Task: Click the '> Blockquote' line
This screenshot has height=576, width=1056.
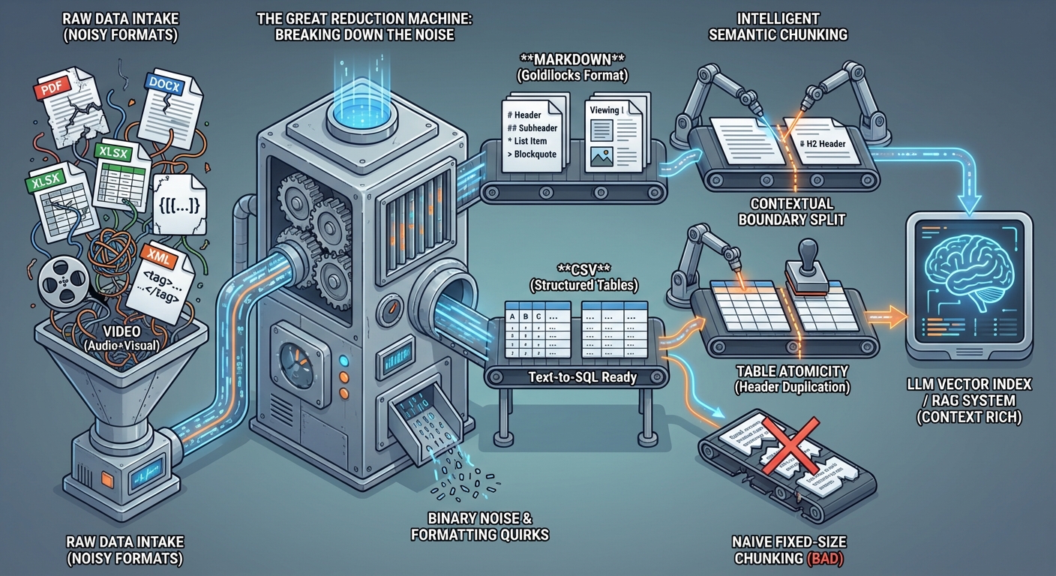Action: (532, 154)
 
